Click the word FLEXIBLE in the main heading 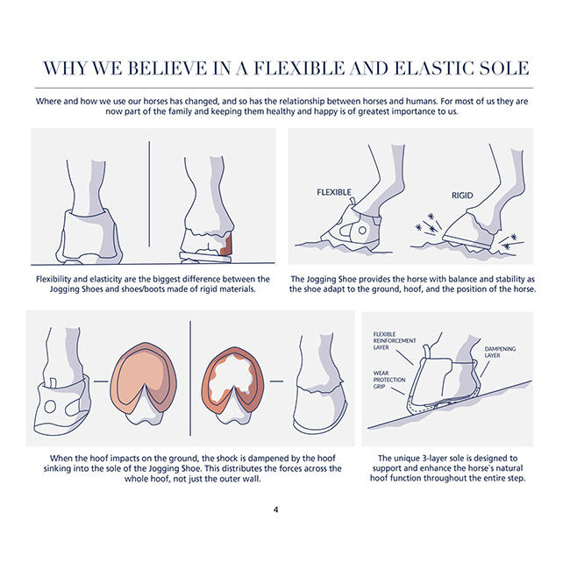click(x=298, y=68)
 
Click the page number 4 click(x=276, y=509)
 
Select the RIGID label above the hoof click(x=462, y=196)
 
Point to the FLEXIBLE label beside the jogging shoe click(x=334, y=192)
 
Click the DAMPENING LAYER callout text click(x=500, y=353)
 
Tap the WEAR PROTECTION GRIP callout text click(x=389, y=380)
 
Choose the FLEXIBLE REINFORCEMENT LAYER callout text click(x=395, y=341)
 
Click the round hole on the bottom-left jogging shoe click(x=50, y=406)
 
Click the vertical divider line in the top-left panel click(x=149, y=194)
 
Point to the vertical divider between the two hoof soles click(x=190, y=378)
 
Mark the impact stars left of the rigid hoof click(x=429, y=224)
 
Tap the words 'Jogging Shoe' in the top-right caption click(x=328, y=279)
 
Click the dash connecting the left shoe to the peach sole click(x=101, y=381)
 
